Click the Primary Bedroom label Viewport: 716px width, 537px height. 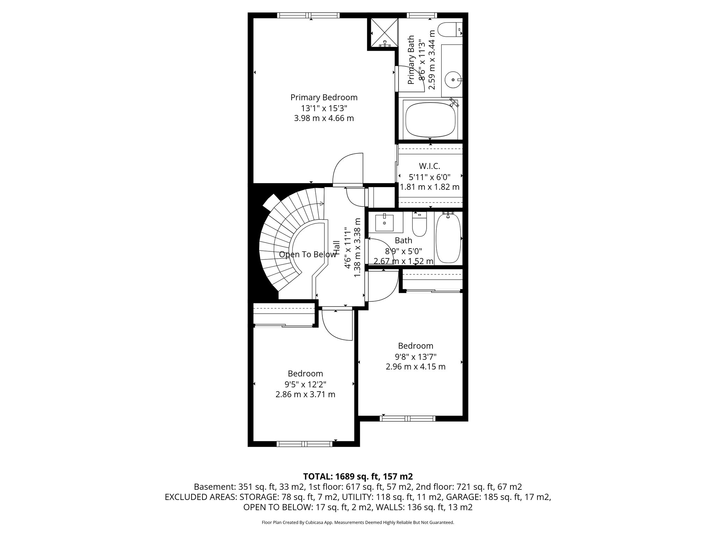pyautogui.click(x=324, y=97)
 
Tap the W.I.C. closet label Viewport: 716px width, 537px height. pyautogui.click(x=429, y=166)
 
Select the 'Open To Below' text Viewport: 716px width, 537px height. pyautogui.click(x=307, y=255)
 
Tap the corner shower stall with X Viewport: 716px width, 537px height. pyautogui.click(x=384, y=33)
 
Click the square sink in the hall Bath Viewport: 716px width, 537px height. pyautogui.click(x=384, y=223)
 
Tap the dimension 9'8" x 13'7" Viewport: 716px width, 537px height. pyautogui.click(x=415, y=356)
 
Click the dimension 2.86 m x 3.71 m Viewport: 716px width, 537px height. pyautogui.click(x=305, y=394)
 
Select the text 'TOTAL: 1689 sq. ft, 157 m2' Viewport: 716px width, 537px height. pyautogui.click(x=358, y=476)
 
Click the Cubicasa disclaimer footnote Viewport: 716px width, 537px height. pyautogui.click(x=358, y=522)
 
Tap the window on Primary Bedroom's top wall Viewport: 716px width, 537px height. pyautogui.click(x=308, y=15)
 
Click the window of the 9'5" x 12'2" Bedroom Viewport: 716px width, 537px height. pyautogui.click(x=304, y=444)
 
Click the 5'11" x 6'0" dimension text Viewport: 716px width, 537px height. pyautogui.click(x=429, y=177)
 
